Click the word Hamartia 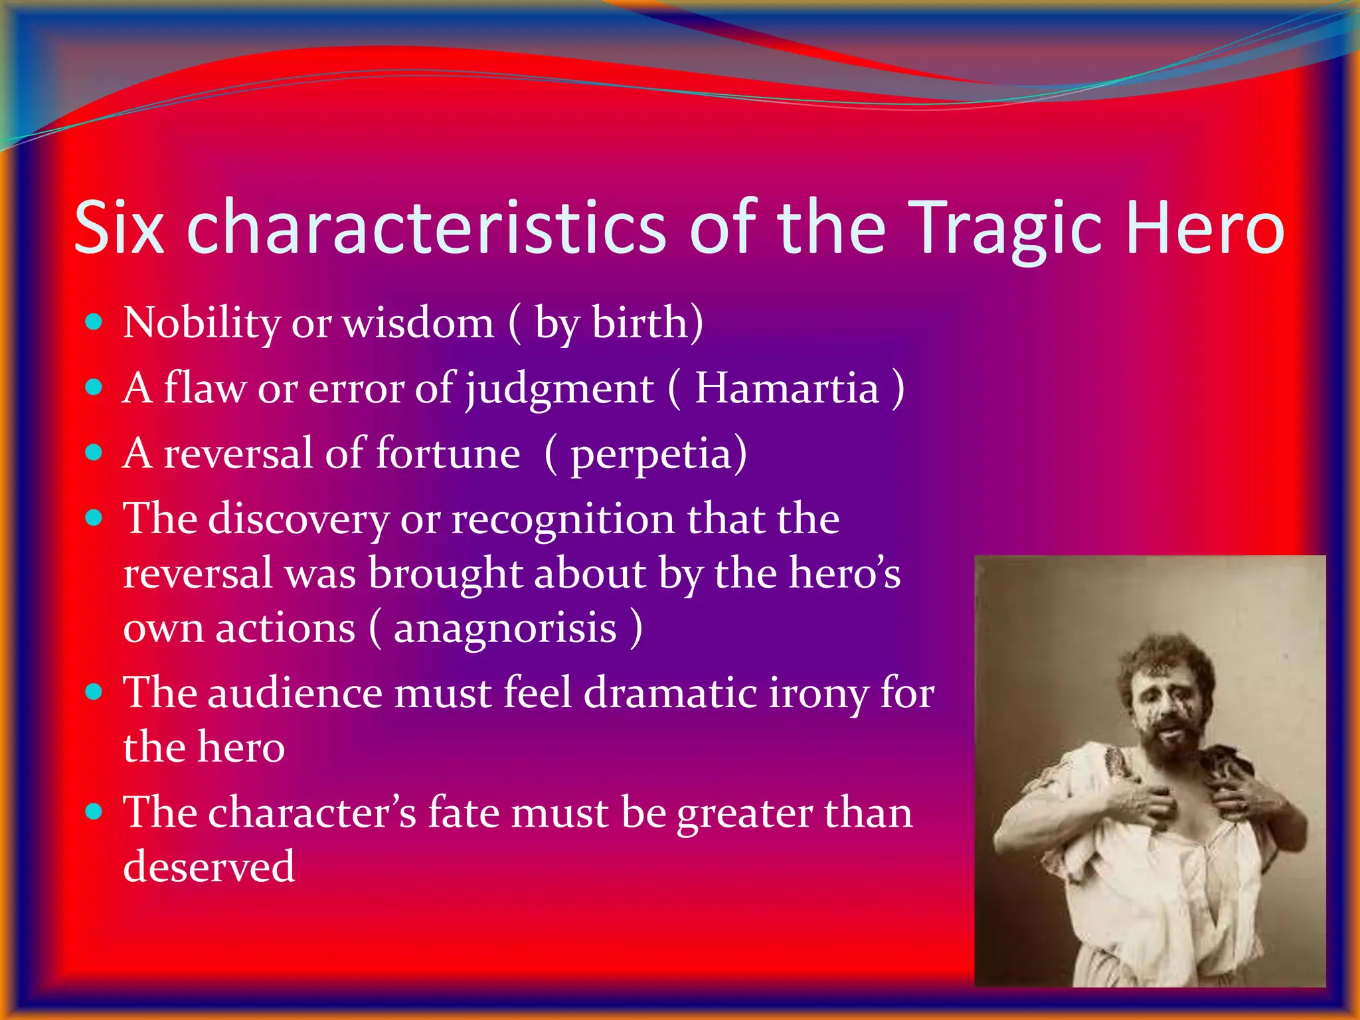[x=787, y=388]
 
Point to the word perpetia [x=651, y=456]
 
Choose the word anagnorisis [x=505, y=628]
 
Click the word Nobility [x=202, y=323]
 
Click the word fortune [x=448, y=454]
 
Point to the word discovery [x=299, y=519]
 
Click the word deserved [x=209, y=867]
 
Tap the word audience [x=296, y=693]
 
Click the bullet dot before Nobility [x=94, y=323]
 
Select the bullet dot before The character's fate [x=94, y=812]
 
